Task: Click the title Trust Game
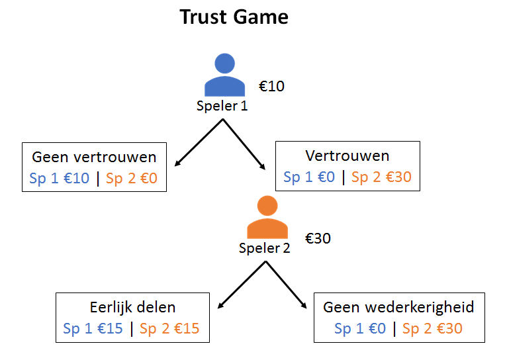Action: [234, 17]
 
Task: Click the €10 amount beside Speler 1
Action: [271, 86]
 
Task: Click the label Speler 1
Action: [222, 106]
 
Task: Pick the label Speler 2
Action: [265, 249]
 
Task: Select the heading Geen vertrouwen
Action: [94, 157]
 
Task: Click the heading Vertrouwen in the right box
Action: [347, 156]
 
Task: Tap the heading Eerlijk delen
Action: [132, 308]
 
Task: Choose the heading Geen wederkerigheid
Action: [398, 308]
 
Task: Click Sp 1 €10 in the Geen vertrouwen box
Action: [60, 179]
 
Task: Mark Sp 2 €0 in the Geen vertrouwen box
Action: [132, 179]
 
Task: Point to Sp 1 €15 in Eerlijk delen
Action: [93, 329]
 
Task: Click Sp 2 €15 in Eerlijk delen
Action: [169, 329]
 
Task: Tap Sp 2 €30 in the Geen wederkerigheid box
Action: [432, 329]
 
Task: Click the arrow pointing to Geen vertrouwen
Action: [198, 142]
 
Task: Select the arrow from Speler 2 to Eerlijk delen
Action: [242, 285]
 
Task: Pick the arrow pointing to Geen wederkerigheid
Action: [287, 285]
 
